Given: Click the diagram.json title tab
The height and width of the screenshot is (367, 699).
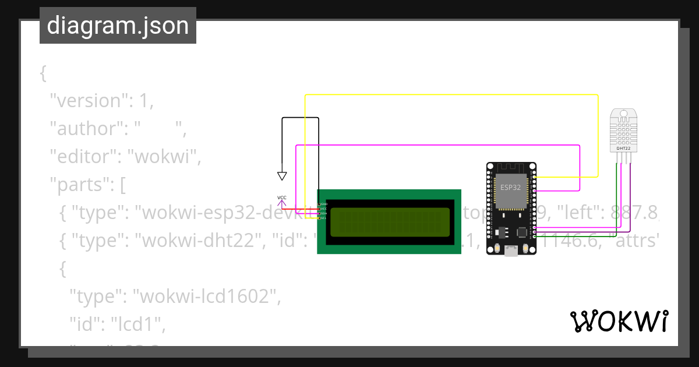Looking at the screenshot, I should click(x=118, y=26).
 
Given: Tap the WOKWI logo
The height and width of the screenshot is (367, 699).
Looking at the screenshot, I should click(x=619, y=321).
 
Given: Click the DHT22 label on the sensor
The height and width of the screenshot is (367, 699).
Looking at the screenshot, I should click(x=623, y=149).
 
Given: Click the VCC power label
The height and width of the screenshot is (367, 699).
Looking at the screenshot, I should click(x=282, y=197).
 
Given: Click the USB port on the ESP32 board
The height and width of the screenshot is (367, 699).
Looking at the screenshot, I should click(x=511, y=251).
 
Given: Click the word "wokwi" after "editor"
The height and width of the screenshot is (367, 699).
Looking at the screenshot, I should click(x=164, y=157).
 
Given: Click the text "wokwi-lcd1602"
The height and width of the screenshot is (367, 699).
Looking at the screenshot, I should click(x=204, y=297).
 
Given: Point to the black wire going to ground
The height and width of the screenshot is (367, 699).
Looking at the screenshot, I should click(x=301, y=118).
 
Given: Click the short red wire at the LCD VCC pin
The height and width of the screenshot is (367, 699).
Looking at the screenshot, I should click(x=300, y=209).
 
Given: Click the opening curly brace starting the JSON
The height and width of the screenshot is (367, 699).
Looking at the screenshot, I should click(x=43, y=73).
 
